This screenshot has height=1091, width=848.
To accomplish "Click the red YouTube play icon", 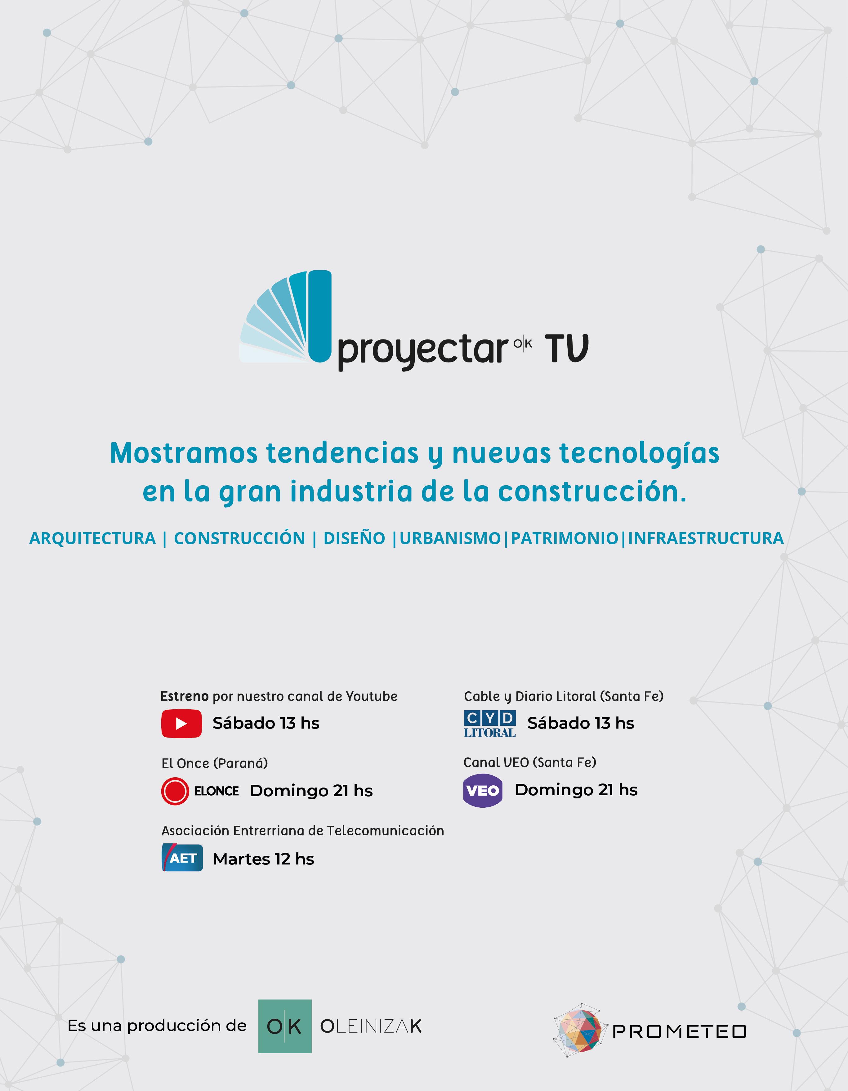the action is point(181,723).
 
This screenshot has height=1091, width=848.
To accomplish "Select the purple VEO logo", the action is point(482,790).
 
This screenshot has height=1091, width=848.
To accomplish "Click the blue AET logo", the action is point(182,858).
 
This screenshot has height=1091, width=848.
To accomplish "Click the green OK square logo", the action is point(285,1026).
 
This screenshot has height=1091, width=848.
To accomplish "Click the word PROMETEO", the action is point(679,1031).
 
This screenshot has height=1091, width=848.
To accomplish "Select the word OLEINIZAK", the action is point(371,1026).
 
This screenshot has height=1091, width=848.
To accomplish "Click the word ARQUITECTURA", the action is point(92,538).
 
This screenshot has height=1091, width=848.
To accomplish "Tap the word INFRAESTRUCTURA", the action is point(706,538).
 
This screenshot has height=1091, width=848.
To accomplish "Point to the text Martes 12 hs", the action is point(263,859).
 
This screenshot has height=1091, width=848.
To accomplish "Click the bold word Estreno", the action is point(184,696).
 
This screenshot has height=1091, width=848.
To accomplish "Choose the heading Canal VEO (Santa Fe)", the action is point(530,762).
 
